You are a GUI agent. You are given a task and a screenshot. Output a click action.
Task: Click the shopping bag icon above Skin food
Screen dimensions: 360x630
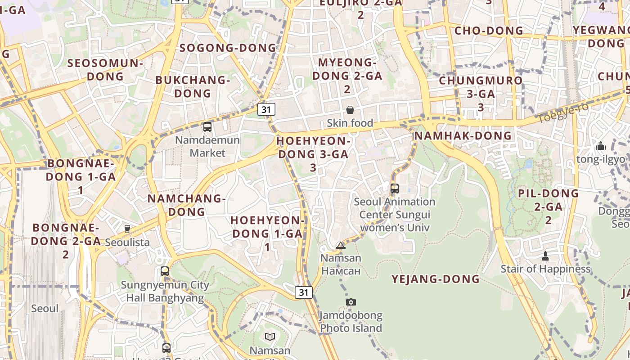(350, 110)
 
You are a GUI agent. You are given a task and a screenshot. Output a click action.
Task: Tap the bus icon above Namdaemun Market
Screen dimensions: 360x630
(207, 127)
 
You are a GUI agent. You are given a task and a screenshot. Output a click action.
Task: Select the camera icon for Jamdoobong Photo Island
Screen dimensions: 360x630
(351, 302)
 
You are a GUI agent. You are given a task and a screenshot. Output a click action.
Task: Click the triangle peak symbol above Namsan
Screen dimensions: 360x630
(341, 245)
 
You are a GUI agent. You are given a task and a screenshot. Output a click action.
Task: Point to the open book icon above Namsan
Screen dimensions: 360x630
(270, 337)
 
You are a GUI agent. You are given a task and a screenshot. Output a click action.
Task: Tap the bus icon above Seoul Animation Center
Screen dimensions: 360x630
(395, 189)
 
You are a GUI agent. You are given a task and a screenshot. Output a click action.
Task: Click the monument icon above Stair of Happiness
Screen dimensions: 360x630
(545, 256)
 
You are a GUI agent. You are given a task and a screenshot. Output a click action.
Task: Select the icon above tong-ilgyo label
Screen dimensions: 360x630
(600, 146)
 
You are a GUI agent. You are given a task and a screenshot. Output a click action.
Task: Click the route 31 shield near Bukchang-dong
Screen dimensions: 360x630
(266, 109)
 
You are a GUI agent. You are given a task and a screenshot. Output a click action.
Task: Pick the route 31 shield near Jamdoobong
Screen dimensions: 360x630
(304, 292)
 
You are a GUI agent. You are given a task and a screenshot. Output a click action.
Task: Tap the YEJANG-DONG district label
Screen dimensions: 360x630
(436, 279)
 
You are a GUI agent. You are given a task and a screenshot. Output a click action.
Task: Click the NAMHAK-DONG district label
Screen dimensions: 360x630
(463, 135)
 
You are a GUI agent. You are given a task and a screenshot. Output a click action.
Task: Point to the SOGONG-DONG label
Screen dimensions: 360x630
(228, 48)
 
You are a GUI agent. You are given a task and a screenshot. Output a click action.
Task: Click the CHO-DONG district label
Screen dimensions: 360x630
(489, 31)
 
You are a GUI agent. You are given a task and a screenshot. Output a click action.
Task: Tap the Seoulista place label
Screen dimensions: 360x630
(127, 243)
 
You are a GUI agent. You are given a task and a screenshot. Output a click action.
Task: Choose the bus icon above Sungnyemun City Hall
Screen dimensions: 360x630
(165, 271)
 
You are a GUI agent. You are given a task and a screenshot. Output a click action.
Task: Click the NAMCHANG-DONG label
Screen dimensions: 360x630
(186, 205)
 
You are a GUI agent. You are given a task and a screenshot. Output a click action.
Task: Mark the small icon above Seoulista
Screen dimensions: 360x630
(127, 229)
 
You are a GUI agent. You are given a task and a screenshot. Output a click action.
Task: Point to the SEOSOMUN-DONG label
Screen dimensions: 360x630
(105, 69)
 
